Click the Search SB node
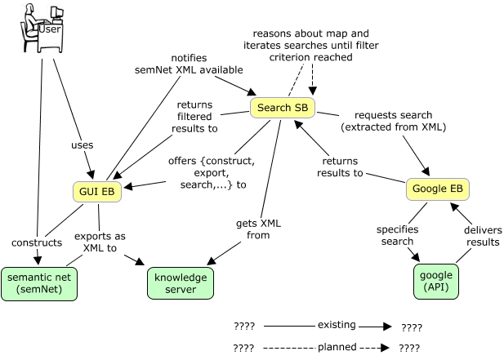coord(282,107)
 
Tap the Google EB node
coord(438,189)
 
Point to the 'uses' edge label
coord(83,144)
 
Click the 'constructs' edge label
coord(35,242)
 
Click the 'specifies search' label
coord(397,236)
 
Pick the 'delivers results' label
coord(483,236)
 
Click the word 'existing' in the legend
coord(337,325)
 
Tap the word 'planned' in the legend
coord(337,347)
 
